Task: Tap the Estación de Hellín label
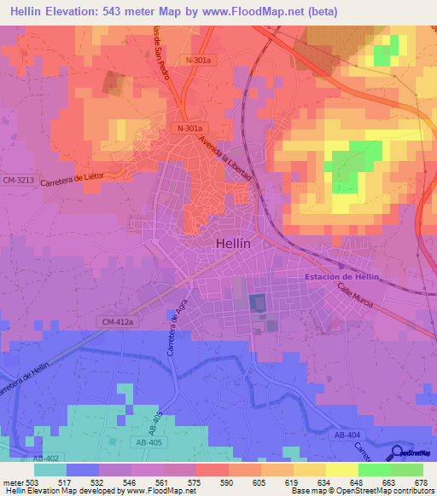(341, 277)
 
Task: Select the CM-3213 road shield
(16, 180)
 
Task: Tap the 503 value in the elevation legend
(33, 482)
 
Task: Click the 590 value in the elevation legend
(228, 482)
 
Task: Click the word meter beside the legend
(12, 482)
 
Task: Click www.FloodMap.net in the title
(260, 11)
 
